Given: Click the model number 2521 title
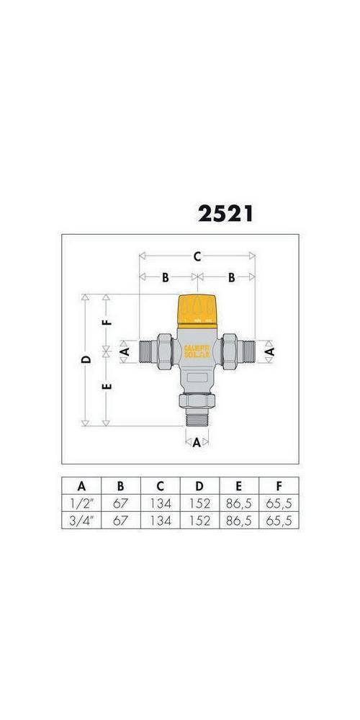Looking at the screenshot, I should tap(225, 214).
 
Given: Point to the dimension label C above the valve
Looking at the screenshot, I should tap(197, 256).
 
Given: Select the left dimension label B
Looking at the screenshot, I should tap(165, 277).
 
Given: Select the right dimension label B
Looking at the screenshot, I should tap(233, 277).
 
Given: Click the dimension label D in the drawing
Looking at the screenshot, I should tap(85, 359).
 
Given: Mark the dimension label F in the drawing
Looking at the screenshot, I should tap(107, 322).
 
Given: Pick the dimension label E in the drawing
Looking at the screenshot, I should tap(107, 387).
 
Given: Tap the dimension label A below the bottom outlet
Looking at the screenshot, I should tap(197, 443).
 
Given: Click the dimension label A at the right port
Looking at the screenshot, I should tap(271, 351).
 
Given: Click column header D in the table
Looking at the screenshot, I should tap(199, 486).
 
